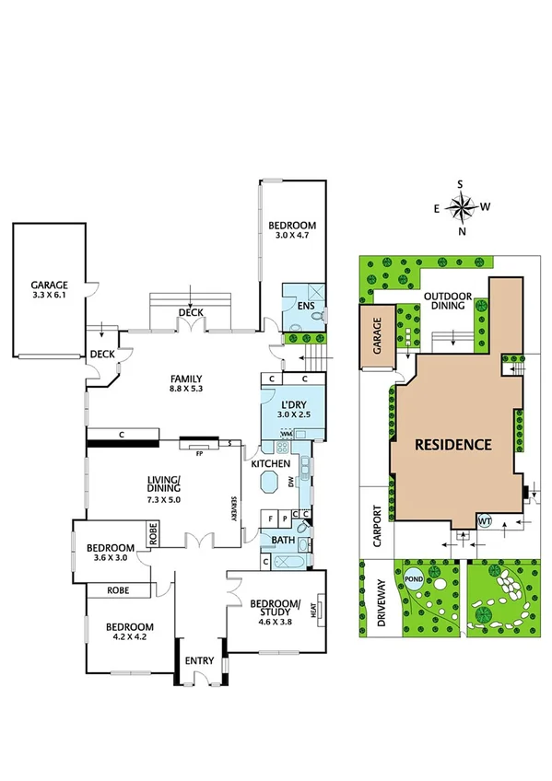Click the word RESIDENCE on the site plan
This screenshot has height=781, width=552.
452,444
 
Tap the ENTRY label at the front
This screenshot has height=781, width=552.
199,660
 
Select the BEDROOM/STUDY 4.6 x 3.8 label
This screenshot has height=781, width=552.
276,610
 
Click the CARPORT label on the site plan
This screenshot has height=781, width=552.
376,525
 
